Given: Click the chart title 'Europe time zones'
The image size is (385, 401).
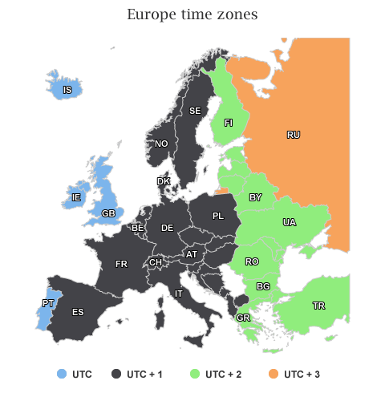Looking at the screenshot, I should click(192, 14).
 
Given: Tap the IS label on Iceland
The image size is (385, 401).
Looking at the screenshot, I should click(67, 91).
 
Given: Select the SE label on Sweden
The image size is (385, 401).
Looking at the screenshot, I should click(194, 111).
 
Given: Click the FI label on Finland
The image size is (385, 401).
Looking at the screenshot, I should click(229, 123).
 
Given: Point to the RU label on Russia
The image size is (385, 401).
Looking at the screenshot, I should click(294, 135).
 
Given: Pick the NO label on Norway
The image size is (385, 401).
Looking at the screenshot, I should click(161, 144).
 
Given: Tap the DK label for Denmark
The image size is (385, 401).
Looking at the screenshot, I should click(164, 181).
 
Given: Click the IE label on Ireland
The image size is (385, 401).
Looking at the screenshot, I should click(76, 197).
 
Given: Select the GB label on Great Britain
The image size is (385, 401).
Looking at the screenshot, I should click(108, 213).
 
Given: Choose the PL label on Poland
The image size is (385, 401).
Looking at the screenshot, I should click(218, 216).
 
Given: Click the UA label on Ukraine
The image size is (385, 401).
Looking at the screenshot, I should click(288, 222).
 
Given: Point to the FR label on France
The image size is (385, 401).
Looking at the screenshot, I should click(121, 264).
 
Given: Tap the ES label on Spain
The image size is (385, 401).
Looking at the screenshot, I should click(78, 312).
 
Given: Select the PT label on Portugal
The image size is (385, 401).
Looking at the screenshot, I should click(47, 303).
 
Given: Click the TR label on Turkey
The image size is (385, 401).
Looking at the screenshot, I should click(318, 306).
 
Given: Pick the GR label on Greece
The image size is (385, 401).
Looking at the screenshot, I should click(243, 318).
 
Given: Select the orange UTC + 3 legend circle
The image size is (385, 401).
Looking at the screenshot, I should click(275, 374).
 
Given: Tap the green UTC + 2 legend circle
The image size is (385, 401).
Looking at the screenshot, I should click(195, 374).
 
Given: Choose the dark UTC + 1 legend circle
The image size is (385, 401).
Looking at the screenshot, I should click(116, 374).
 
